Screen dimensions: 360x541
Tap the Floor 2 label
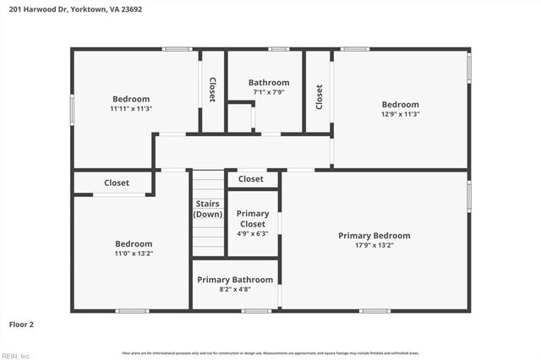(x=21, y=324)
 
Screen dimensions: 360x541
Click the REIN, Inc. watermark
(x=16, y=355)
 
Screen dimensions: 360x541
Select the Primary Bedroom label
(x=374, y=236)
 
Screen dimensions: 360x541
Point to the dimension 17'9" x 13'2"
(x=374, y=246)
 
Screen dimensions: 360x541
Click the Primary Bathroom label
(x=235, y=280)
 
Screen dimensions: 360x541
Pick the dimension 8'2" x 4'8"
(x=235, y=290)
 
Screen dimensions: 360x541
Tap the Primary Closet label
(x=253, y=219)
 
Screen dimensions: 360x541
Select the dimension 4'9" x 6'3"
(x=253, y=234)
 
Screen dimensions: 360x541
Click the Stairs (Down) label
(x=208, y=210)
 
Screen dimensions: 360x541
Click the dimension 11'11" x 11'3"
(x=131, y=109)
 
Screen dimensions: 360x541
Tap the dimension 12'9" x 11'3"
(x=401, y=114)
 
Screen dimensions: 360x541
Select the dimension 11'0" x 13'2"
(x=134, y=253)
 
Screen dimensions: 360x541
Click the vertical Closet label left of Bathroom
(x=212, y=90)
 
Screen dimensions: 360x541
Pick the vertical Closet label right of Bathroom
(x=319, y=95)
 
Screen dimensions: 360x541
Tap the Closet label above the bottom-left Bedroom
(x=117, y=183)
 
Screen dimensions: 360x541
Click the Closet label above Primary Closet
(x=251, y=179)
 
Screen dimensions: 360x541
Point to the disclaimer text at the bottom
(x=270, y=352)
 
